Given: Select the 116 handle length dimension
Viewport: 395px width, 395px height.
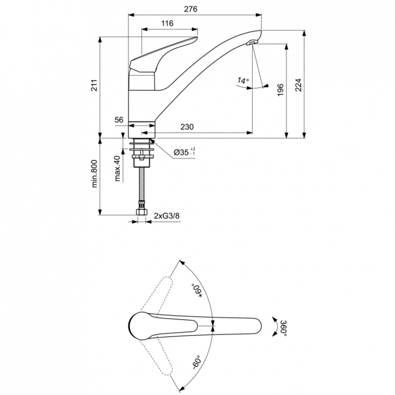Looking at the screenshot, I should (167, 24).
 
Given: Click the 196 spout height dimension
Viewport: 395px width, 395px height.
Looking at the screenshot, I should (280, 90).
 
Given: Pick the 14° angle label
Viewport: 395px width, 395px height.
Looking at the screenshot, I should (243, 81).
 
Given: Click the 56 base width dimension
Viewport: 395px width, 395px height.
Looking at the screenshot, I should (119, 120).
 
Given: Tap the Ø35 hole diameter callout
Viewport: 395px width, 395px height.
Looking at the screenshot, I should (184, 153).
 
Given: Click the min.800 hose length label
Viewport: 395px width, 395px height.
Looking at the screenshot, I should (95, 174).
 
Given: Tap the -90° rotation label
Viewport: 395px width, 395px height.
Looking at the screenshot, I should (197, 362).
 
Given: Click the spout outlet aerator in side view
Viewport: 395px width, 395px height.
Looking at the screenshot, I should (252, 44).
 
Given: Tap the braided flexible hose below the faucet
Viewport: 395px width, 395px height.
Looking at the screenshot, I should (141, 184).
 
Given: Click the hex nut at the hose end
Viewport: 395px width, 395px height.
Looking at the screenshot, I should (141, 212).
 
